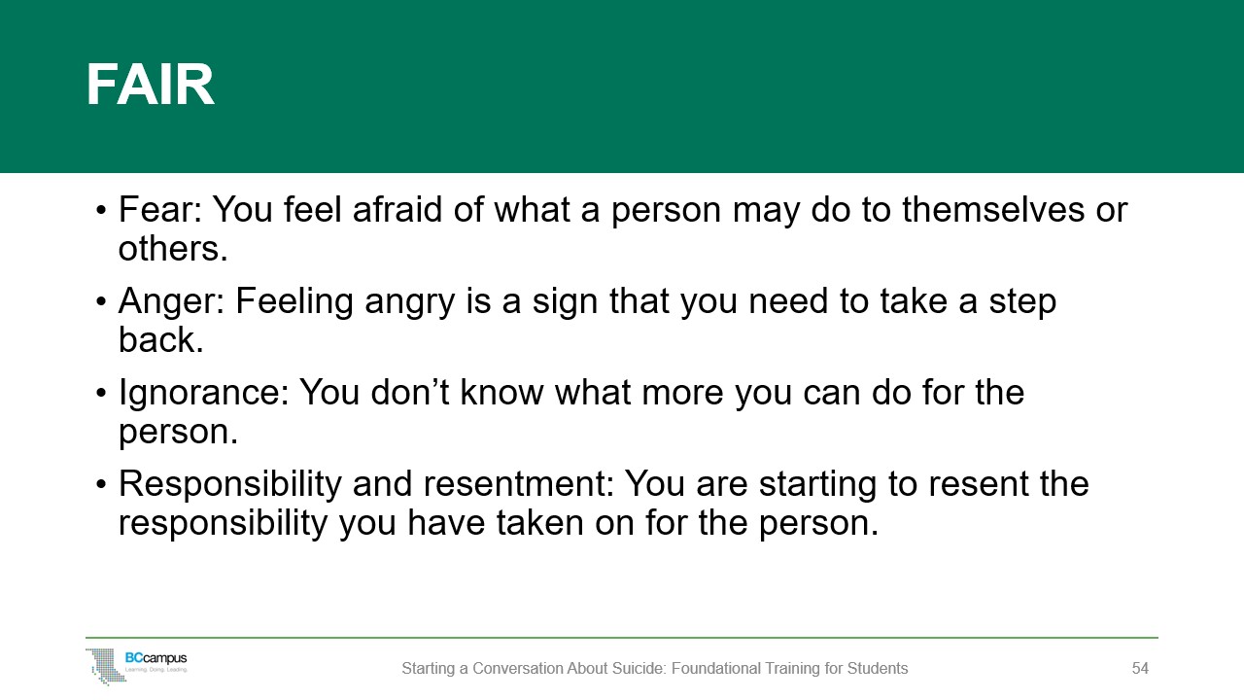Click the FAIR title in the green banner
point(150,85)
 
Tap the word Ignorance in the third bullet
point(204,393)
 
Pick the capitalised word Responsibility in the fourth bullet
point(230,484)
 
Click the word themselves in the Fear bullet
point(993,209)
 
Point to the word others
point(173,248)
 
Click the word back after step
point(161,339)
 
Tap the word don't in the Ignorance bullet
point(410,393)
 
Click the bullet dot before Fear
point(100,211)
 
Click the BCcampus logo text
point(156,658)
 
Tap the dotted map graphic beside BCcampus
point(107,667)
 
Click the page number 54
point(1140,668)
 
